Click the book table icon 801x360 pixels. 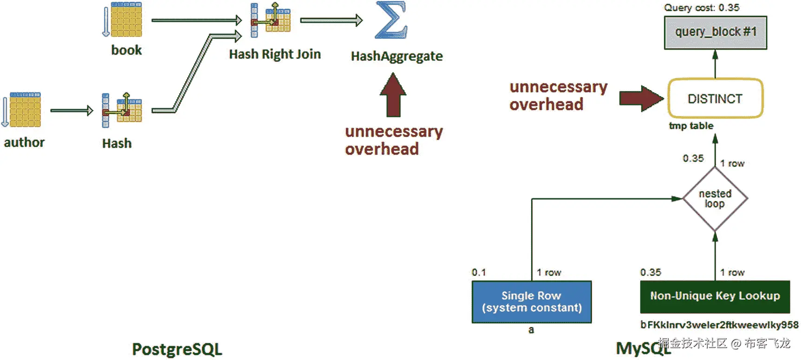pyautogui.click(x=125, y=20)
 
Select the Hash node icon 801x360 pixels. pyautogui.click(x=122, y=110)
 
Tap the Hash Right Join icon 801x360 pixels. pyautogui.click(x=271, y=20)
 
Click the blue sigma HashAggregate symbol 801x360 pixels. pyautogui.click(x=391, y=20)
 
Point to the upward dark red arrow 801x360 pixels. pyautogui.click(x=393, y=96)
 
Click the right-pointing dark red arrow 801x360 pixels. pyautogui.click(x=641, y=98)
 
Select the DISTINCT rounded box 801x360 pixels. pyautogui.click(x=715, y=98)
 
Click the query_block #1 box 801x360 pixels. pyautogui.click(x=715, y=33)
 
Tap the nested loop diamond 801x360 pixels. pyautogui.click(x=715, y=199)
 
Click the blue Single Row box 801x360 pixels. pyautogui.click(x=532, y=301)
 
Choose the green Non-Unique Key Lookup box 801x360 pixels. pyautogui.click(x=715, y=296)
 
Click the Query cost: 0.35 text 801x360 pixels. pyautogui.click(x=701, y=8)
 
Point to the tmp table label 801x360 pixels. pyautogui.click(x=691, y=126)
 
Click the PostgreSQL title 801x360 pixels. pyautogui.click(x=177, y=349)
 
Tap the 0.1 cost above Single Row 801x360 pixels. pyautogui.click(x=479, y=273)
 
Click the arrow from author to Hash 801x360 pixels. pyautogui.click(x=72, y=111)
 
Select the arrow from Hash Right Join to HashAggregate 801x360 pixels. pyautogui.click(x=331, y=20)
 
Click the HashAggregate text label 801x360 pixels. pyautogui.click(x=397, y=57)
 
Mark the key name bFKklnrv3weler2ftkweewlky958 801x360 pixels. pyautogui.click(x=719, y=325)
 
